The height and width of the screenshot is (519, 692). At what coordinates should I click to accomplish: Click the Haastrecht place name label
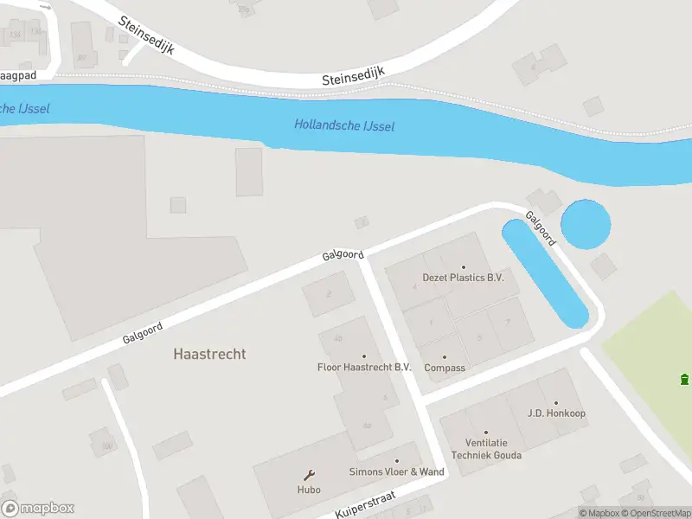pos(209,354)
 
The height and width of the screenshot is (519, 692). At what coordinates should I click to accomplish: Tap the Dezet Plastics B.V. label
pos(463,278)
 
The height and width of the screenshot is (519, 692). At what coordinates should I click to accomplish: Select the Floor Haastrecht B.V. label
pos(363,367)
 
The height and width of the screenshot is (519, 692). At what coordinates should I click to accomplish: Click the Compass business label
pos(445,368)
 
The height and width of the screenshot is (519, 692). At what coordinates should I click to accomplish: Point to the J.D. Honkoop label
pos(556,413)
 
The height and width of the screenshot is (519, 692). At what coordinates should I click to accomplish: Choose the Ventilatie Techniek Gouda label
pos(485,449)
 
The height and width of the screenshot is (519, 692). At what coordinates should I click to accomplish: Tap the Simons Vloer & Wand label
pos(396,471)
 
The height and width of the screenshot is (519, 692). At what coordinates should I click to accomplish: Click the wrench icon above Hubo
pos(309,475)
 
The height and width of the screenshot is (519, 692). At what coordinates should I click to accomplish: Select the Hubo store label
pos(309,490)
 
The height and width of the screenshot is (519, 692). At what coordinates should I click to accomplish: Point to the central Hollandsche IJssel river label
pos(344,125)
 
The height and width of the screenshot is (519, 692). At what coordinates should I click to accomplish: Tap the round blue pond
pos(586,224)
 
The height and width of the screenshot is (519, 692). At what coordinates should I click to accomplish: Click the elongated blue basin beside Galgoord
pos(546,273)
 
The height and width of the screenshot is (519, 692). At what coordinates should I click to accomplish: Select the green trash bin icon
pos(684,379)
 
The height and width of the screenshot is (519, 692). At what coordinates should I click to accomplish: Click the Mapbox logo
pos(38,509)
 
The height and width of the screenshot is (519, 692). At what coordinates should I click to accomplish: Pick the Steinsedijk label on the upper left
pos(146,35)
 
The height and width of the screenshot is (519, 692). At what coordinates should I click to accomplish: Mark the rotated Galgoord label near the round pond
pos(541,228)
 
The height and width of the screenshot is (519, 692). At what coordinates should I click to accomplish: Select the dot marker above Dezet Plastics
pos(463,267)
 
